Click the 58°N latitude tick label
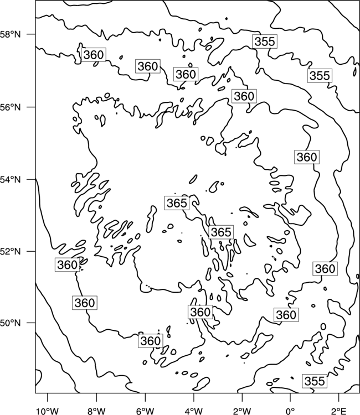pos(11,34)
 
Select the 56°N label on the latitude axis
pos(11,107)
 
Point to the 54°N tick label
pos(11,179)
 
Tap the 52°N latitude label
pos(11,251)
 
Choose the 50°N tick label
pos(11,323)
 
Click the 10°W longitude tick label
pos(48,411)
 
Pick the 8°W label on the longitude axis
pos(96,411)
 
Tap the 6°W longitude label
pos(145,411)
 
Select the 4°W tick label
pos(194,411)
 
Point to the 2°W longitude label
pos(242,411)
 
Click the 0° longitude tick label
pos(291,411)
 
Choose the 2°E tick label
pos(339,411)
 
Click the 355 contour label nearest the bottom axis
pos(315,381)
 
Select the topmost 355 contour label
pos(265,41)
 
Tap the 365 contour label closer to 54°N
pos(177,203)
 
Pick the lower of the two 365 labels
pos(221,232)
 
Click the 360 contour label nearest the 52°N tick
pos(67,264)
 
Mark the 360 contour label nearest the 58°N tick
pos(93,55)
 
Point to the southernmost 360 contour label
pos(151,341)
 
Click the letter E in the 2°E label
pos(344,411)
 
